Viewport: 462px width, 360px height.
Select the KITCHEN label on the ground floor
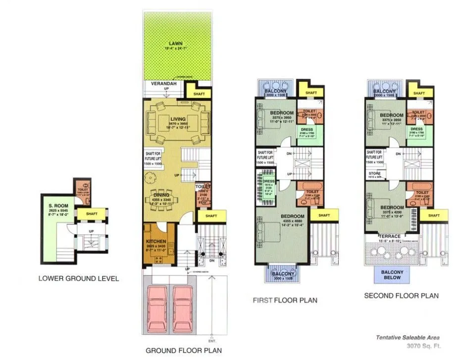point(155,242)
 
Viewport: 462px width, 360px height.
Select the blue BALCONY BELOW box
point(392,275)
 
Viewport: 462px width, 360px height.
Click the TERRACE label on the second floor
point(389,237)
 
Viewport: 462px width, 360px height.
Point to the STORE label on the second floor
point(374,173)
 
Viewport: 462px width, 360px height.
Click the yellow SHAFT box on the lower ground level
point(92,214)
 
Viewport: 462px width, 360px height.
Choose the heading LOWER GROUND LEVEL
point(78,278)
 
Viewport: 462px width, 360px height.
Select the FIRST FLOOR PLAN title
point(284,300)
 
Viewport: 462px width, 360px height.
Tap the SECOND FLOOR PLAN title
point(401,296)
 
